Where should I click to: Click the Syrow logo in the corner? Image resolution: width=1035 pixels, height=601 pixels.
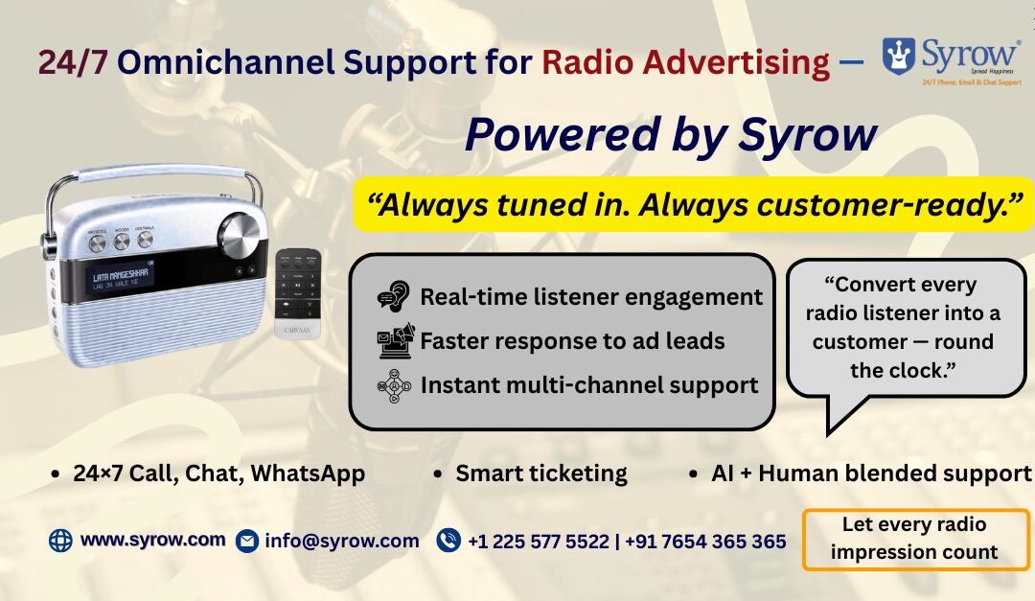[x=952, y=59]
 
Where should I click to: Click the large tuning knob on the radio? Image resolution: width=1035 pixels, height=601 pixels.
[x=238, y=233]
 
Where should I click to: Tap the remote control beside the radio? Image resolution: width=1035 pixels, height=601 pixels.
[x=298, y=291]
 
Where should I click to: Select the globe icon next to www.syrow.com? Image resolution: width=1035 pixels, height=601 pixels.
[x=60, y=541]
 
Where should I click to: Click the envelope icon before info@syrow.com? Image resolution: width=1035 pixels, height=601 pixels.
[x=247, y=541]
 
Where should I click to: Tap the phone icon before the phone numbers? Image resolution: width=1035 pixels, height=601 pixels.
[x=448, y=541]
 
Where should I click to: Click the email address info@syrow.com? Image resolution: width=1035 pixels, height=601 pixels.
[x=342, y=541]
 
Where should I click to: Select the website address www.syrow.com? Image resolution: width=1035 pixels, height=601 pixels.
[x=153, y=540]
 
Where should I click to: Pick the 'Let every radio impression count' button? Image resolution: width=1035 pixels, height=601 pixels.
[x=914, y=539]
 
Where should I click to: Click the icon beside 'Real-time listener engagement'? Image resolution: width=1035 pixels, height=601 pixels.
[x=393, y=297]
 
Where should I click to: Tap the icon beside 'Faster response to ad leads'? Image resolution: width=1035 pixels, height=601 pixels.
[x=395, y=340]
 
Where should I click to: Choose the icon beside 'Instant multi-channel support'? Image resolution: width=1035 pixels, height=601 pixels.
[x=395, y=385]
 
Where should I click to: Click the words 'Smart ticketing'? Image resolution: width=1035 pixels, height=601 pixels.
[x=541, y=474]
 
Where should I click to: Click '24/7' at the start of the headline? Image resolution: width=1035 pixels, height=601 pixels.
[x=73, y=62]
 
